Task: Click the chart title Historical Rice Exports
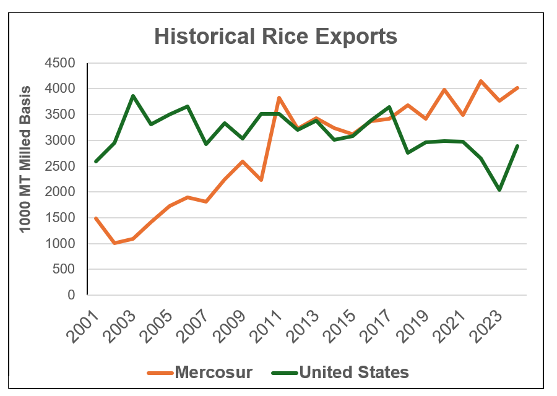tap(275, 37)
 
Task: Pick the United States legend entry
tap(353, 372)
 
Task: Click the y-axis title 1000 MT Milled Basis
tap(25, 179)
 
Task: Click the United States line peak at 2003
tap(133, 96)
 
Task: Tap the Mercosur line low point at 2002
tap(114, 243)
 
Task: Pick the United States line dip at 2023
tap(499, 190)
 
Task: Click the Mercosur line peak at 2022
tap(481, 81)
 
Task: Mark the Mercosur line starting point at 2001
tap(96, 218)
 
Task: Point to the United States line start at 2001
tap(96, 161)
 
